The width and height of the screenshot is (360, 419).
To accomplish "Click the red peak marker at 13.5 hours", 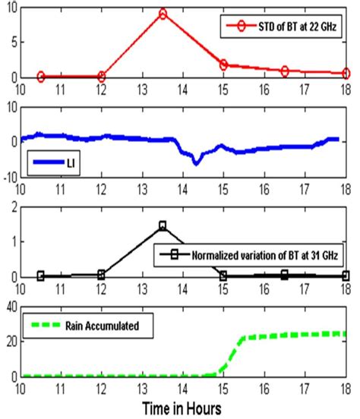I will (163, 14).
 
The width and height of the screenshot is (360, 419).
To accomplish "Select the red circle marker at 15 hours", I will (223, 65).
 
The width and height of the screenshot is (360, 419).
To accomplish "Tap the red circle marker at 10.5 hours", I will (41, 77).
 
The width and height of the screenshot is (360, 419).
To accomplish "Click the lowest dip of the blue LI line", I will (196, 162).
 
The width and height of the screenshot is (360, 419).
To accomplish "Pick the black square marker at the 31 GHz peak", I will (163, 225).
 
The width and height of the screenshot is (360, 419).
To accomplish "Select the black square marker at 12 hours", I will (101, 275).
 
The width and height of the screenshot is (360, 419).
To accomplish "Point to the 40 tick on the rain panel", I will (11, 307).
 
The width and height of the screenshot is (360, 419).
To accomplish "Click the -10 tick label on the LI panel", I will (8, 178).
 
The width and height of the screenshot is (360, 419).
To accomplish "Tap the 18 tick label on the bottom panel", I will (346, 387).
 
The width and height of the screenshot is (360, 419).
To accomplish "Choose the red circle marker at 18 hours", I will (346, 74).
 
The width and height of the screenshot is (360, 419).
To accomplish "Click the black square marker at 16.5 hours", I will (285, 275).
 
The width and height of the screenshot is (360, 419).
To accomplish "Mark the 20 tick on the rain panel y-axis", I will (11, 342).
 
